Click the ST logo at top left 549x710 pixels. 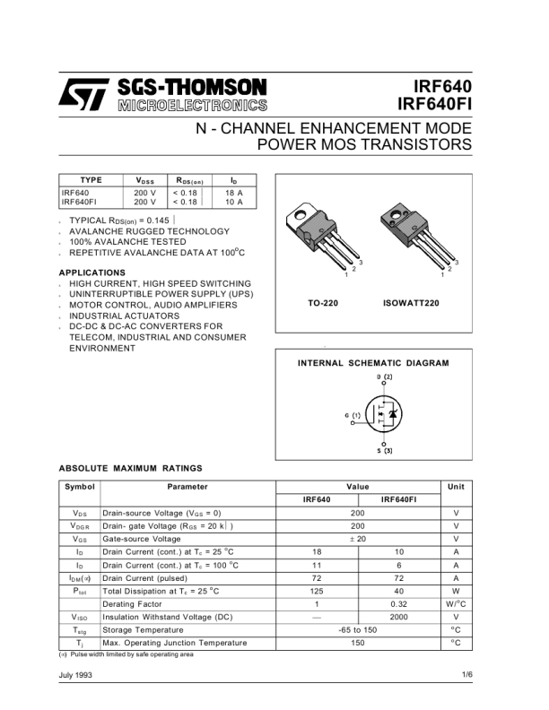[83, 94]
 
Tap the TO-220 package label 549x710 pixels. [323, 304]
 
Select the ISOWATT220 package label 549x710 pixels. [411, 304]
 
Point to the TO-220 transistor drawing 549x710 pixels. [319, 238]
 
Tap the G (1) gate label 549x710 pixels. [352, 415]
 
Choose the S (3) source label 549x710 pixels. [384, 450]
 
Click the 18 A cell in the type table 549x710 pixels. [234, 193]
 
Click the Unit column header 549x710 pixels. [455, 487]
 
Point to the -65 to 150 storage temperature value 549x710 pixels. [358, 630]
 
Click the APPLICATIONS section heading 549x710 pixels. [91, 273]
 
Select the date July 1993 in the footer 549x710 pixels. [77, 674]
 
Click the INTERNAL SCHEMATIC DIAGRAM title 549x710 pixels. [373, 363]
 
